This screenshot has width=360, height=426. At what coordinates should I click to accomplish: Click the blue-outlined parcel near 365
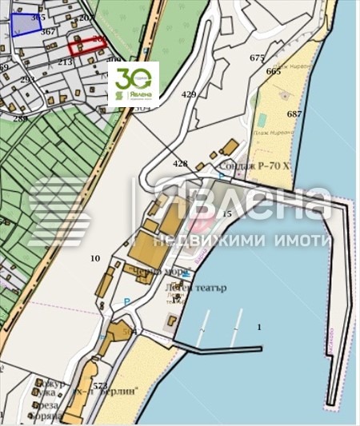pos(26,23)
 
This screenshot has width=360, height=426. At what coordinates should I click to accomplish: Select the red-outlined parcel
pos(86,44)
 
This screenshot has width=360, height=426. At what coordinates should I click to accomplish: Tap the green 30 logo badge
pos(133,85)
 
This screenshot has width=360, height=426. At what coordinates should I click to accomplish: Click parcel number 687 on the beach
pos(294,114)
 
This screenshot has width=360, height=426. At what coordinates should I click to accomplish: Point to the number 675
pos(257,58)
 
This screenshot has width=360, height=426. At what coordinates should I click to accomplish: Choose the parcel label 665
pos(274,71)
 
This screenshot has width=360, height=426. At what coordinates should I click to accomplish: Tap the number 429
pos(189,94)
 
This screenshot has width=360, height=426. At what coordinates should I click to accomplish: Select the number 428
pos(181,163)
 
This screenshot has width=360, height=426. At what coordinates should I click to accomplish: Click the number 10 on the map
pos(95,257)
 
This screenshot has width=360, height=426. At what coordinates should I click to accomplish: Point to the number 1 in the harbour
pos(259,327)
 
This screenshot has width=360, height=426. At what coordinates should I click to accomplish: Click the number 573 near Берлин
pos(100,385)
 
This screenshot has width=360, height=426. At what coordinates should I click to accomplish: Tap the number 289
pos(20,118)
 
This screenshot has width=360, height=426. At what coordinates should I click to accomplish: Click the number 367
pos(48,32)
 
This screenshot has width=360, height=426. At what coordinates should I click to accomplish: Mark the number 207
pos(86,18)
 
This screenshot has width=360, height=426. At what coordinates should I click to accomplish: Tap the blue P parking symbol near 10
pos(126,301)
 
